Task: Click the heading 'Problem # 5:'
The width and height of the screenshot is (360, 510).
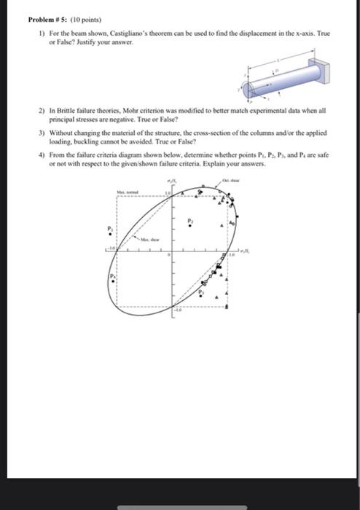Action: coord(44,21)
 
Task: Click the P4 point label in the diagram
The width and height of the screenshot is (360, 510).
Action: coord(114,278)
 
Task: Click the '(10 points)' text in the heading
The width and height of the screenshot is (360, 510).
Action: coord(87,21)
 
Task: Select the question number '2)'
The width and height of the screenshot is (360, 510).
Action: coord(43,111)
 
